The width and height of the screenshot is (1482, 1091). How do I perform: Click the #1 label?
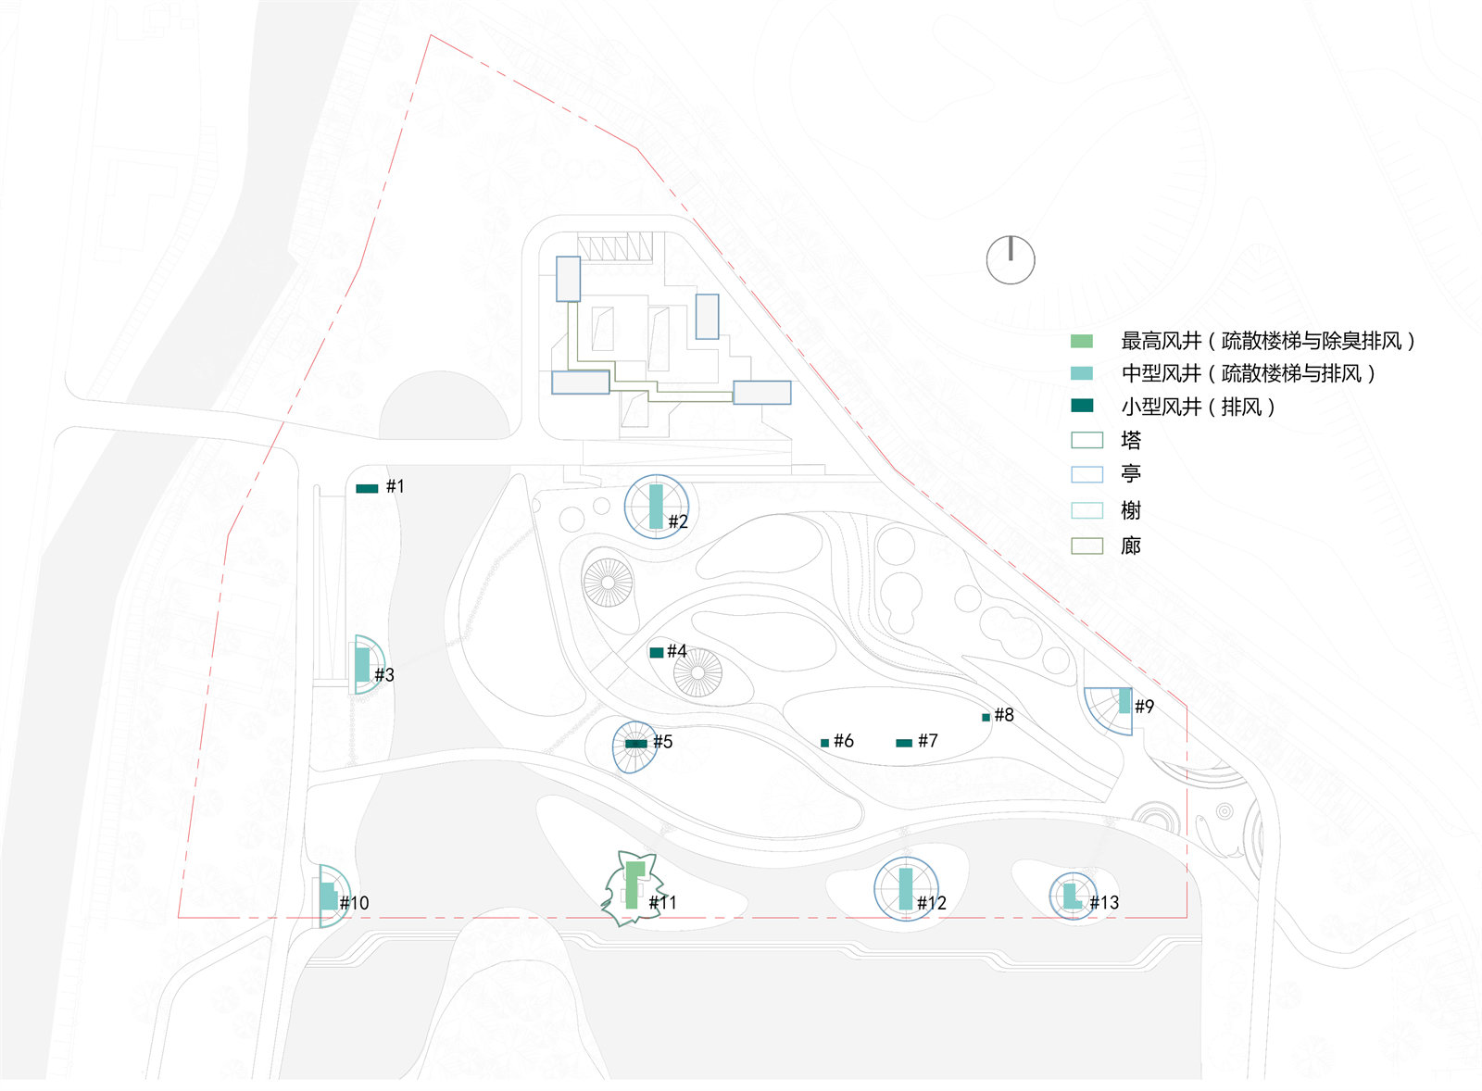click(x=395, y=486)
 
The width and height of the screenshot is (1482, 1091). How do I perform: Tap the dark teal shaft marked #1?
click(x=367, y=488)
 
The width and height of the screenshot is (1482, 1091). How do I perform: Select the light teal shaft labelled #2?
click(x=656, y=507)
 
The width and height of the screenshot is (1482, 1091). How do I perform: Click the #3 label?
click(x=384, y=675)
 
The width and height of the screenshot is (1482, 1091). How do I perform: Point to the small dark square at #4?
click(x=657, y=652)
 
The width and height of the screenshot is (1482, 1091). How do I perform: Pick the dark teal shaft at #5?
click(x=636, y=744)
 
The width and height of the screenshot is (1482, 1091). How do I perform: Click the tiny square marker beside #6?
click(x=825, y=743)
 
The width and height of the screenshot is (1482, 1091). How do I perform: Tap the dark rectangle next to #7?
click(x=904, y=743)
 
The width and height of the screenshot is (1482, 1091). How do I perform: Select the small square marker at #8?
click(x=986, y=717)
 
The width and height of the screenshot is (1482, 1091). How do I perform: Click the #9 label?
click(x=1145, y=707)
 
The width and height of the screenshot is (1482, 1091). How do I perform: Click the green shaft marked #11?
click(x=634, y=884)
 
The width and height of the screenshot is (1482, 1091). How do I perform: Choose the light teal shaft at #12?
click(x=906, y=888)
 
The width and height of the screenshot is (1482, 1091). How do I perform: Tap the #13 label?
click(x=1104, y=902)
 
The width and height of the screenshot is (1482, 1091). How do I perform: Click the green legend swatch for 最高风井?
click(x=1082, y=342)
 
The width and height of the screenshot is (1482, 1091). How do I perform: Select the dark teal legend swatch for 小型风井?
click(x=1082, y=406)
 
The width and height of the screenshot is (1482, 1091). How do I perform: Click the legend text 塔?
click(x=1131, y=440)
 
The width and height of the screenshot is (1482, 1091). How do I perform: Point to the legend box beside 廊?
click(x=1087, y=545)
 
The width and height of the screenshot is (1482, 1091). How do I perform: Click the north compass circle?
click(x=1011, y=260)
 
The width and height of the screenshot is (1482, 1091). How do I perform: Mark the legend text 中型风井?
click(x=1162, y=374)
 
